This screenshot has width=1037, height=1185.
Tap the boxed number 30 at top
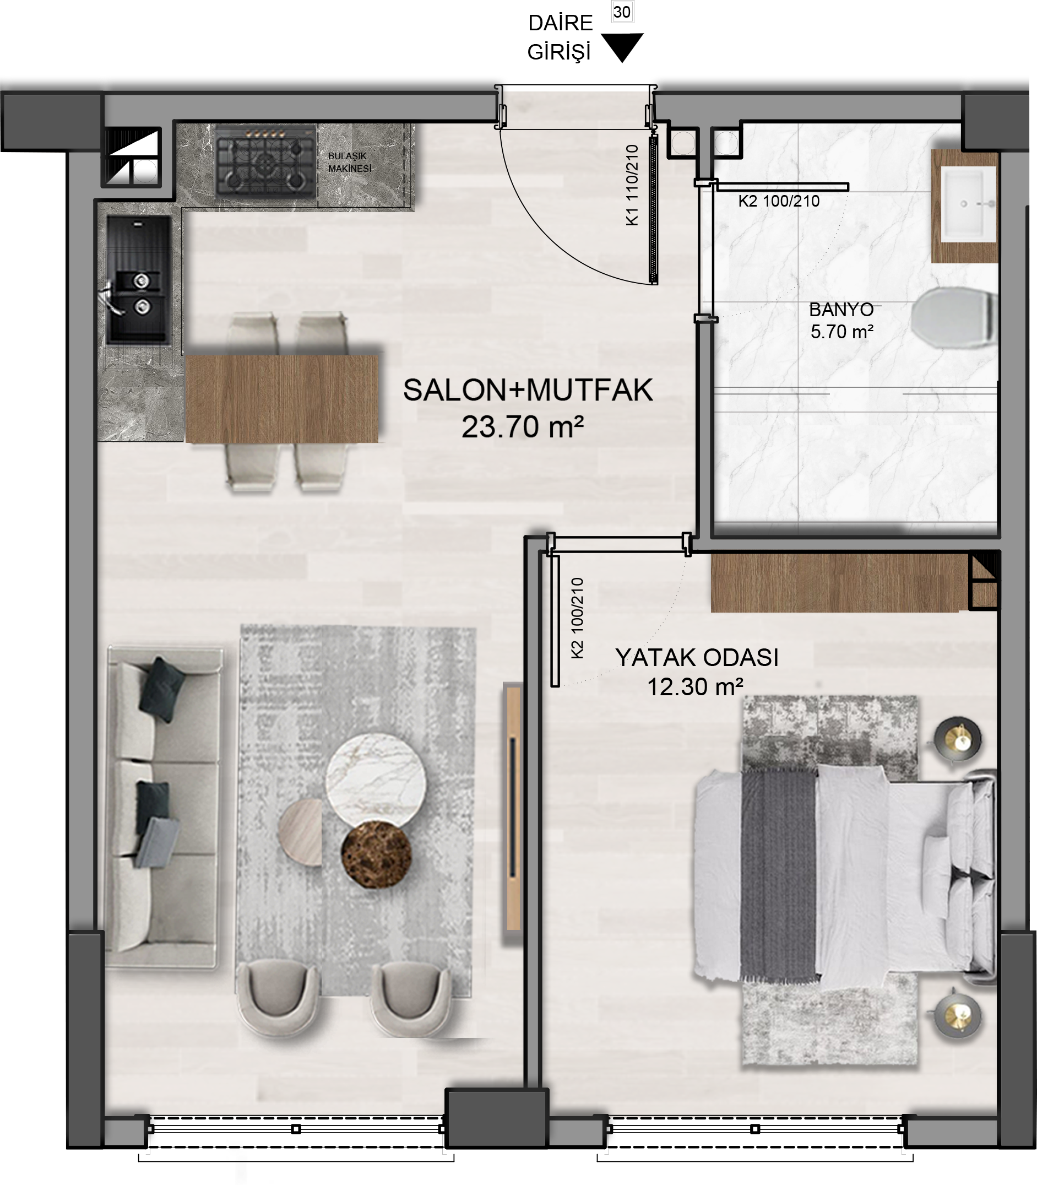(622, 12)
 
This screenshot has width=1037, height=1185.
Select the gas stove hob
(265, 163)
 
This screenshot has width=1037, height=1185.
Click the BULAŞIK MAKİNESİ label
(350, 163)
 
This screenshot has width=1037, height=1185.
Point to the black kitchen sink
(139, 280)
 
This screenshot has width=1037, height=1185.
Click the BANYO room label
(841, 310)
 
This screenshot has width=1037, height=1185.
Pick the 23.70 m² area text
(523, 427)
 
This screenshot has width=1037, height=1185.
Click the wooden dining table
(282, 399)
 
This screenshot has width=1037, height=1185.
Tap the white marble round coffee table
(376, 780)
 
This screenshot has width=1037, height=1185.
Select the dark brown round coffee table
(376, 854)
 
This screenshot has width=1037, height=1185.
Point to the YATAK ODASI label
(697, 658)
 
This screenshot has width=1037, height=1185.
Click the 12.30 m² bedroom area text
(695, 687)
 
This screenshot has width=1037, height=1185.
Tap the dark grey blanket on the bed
(778, 876)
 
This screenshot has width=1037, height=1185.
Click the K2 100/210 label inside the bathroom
(779, 202)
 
